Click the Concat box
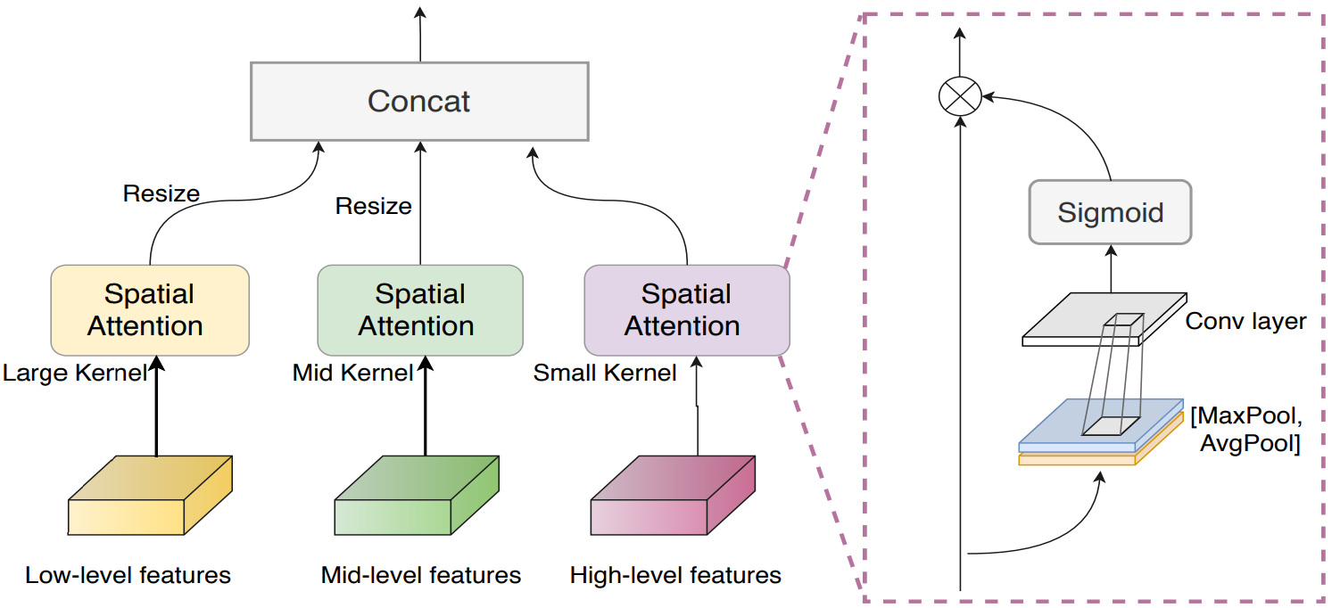coord(419,101)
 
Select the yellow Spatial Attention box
coord(149,310)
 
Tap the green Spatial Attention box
coord(419,310)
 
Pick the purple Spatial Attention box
coord(686,310)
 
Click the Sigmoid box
coord(1110,212)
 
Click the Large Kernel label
coord(74,373)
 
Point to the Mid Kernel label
coord(353,373)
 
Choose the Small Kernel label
coord(605,373)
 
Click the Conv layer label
coord(1245,321)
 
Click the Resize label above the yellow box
coord(161,193)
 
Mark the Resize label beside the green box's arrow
coord(373,207)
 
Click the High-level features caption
coord(675,575)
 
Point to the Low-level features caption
coord(128,575)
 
